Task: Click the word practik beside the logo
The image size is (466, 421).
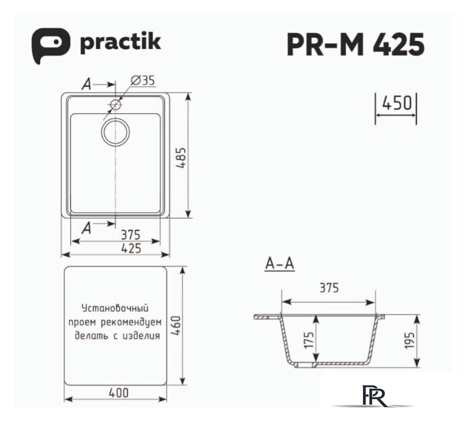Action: (x=120, y=44)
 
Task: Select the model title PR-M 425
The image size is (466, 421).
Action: (x=355, y=45)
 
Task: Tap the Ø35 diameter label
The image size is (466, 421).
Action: (x=143, y=80)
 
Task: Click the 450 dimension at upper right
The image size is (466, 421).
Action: (x=395, y=104)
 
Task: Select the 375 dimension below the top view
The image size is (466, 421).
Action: (x=129, y=234)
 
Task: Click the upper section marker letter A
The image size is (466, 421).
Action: (x=85, y=84)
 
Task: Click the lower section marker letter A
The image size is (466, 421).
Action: (x=85, y=228)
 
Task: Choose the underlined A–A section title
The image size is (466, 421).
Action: (x=279, y=265)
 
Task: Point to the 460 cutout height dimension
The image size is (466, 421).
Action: (x=175, y=325)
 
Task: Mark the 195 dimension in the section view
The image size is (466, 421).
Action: (x=410, y=341)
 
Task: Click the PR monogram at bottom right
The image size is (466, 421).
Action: (x=371, y=396)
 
